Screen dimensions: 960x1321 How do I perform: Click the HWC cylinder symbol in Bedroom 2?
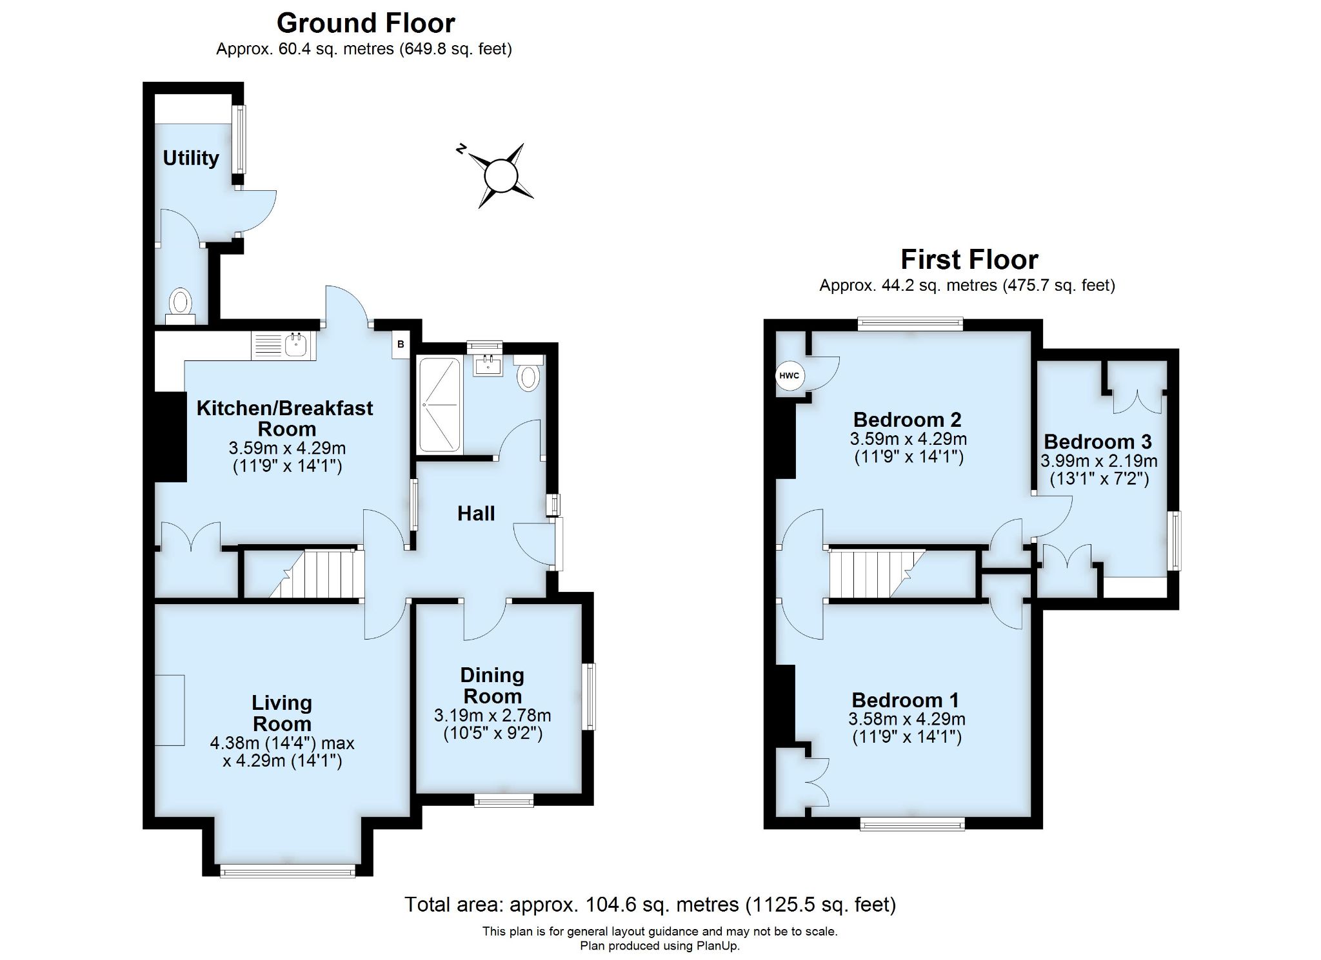(789, 376)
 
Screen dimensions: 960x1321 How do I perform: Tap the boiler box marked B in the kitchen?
(401, 344)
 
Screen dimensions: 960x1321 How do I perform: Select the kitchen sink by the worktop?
(297, 346)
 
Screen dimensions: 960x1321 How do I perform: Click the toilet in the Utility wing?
(181, 302)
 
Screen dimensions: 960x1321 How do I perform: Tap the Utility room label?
(190, 158)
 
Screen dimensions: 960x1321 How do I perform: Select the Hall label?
(476, 513)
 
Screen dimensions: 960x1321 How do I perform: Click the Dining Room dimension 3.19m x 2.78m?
(492, 715)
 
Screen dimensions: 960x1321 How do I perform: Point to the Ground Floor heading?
(366, 23)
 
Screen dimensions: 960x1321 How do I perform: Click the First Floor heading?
(969, 260)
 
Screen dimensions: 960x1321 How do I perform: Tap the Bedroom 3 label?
(1097, 442)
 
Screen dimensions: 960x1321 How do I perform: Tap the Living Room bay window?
(287, 872)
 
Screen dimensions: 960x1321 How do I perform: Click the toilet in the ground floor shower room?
(528, 377)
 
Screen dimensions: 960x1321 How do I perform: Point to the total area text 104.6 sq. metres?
(650, 905)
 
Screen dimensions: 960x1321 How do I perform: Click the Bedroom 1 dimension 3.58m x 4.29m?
(906, 718)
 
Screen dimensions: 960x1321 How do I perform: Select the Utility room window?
(239, 139)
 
